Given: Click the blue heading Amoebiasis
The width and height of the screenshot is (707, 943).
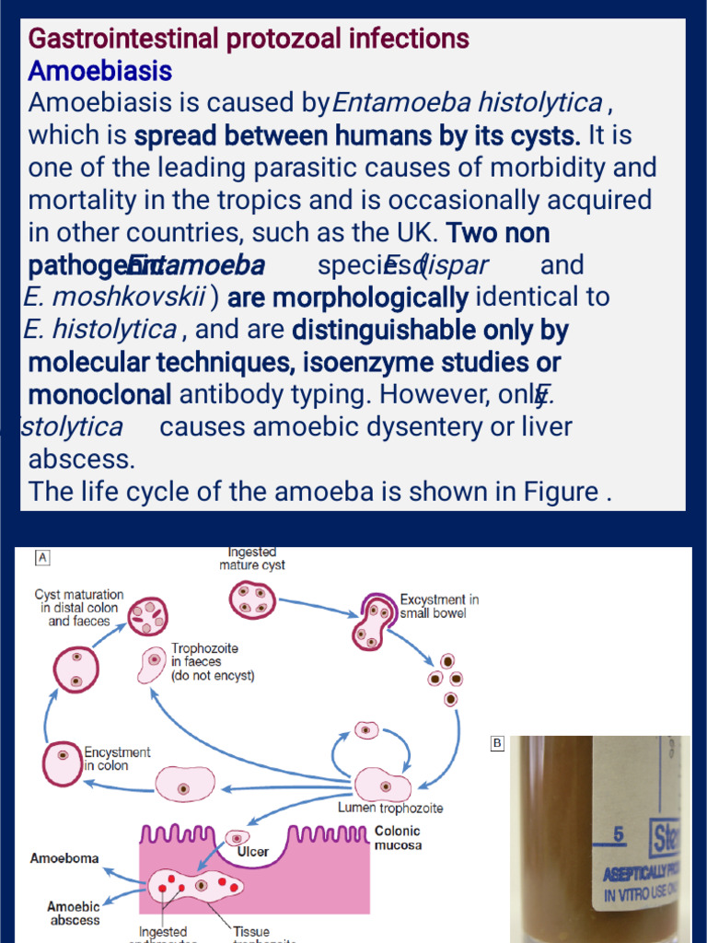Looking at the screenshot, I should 99,71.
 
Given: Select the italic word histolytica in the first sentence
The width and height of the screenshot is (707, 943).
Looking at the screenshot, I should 545,102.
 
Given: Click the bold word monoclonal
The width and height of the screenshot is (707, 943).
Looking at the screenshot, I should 99,394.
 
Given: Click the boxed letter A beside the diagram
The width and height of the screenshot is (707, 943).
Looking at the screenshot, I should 42,557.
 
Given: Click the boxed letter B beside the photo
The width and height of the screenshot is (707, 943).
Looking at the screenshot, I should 498,742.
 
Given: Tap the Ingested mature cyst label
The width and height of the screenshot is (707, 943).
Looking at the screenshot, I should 251,559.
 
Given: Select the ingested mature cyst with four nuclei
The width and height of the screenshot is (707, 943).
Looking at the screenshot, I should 252,600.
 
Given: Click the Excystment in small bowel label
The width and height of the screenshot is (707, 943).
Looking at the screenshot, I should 438,606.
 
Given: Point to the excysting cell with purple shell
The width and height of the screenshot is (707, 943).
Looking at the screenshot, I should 373,623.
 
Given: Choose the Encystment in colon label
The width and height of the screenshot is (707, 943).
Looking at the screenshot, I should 117,759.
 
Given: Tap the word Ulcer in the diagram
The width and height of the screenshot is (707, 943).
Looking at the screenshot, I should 252,851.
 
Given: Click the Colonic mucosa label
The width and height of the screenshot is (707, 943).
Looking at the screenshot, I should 398,837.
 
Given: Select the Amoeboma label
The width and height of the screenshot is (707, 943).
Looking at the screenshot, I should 64,858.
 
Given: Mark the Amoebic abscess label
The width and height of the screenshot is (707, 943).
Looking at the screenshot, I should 74,914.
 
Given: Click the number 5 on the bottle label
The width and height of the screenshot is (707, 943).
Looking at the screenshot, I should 619,834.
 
